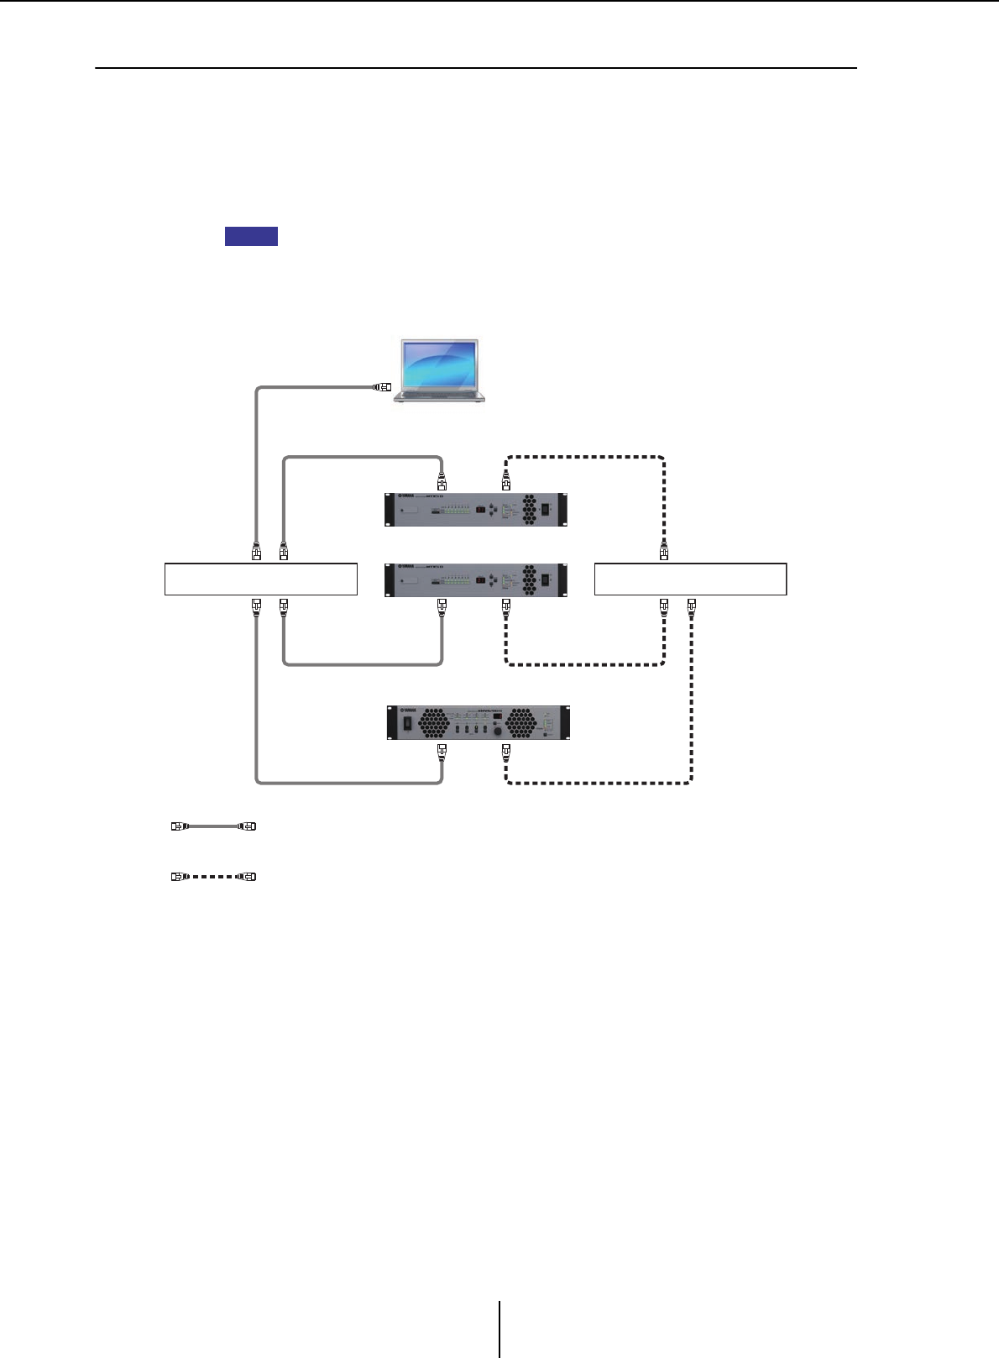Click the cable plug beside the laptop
pyautogui.click(x=382, y=387)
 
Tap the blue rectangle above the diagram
pyautogui.click(x=251, y=236)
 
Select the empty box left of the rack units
pyautogui.click(x=261, y=579)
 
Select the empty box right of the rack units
pyautogui.click(x=690, y=579)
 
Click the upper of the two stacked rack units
pyautogui.click(x=476, y=509)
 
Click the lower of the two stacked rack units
pyautogui.click(x=476, y=579)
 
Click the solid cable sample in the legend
pyautogui.click(x=213, y=826)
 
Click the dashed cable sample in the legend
pyautogui.click(x=213, y=877)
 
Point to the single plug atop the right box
pyautogui.click(x=664, y=552)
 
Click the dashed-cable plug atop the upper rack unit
pyautogui.click(x=506, y=482)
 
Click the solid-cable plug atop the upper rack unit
pyautogui.click(x=442, y=482)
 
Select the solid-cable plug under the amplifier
pyautogui.click(x=442, y=750)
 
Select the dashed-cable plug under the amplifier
pyautogui.click(x=506, y=750)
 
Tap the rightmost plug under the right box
pyautogui.click(x=692, y=605)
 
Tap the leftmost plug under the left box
pyautogui.click(x=257, y=605)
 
